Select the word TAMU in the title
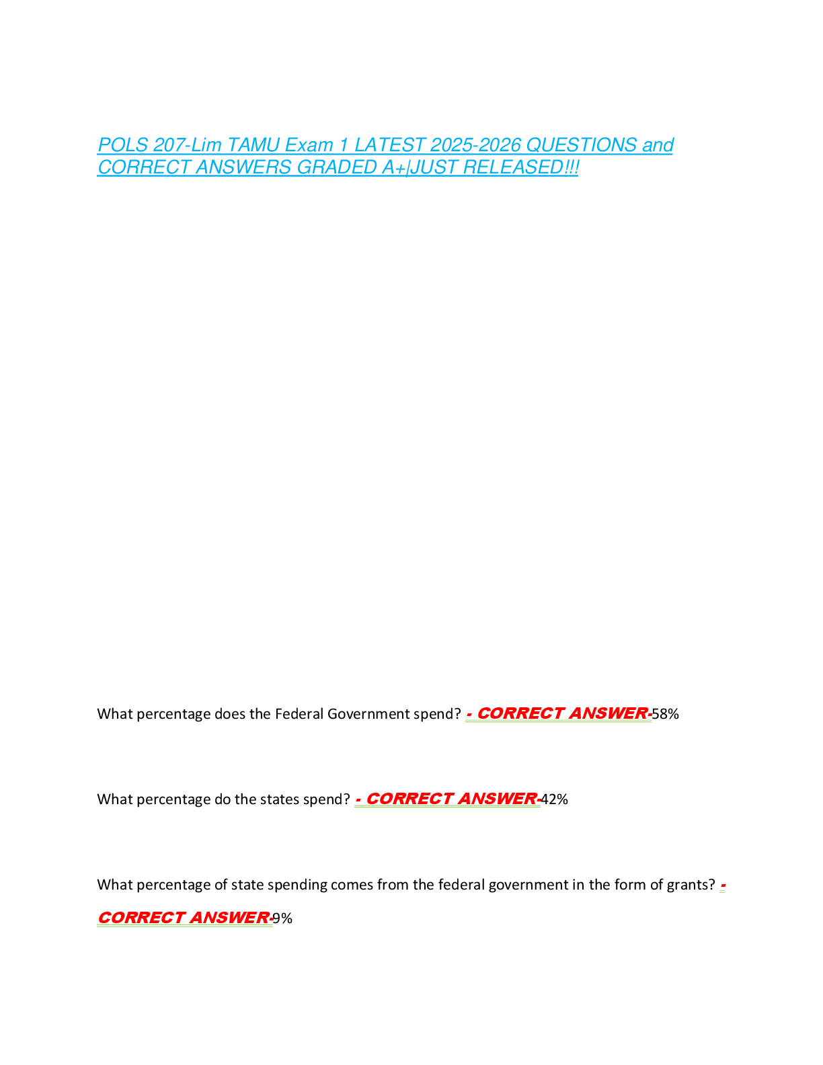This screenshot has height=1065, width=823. click(x=253, y=145)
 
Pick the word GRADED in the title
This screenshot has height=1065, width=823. click(x=337, y=167)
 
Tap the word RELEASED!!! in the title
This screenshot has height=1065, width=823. click(x=520, y=167)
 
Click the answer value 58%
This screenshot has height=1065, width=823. click(x=665, y=714)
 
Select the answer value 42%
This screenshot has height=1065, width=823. click(x=555, y=799)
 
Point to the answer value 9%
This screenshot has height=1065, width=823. click(x=282, y=918)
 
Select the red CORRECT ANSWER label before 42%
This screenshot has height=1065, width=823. click(x=452, y=799)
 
